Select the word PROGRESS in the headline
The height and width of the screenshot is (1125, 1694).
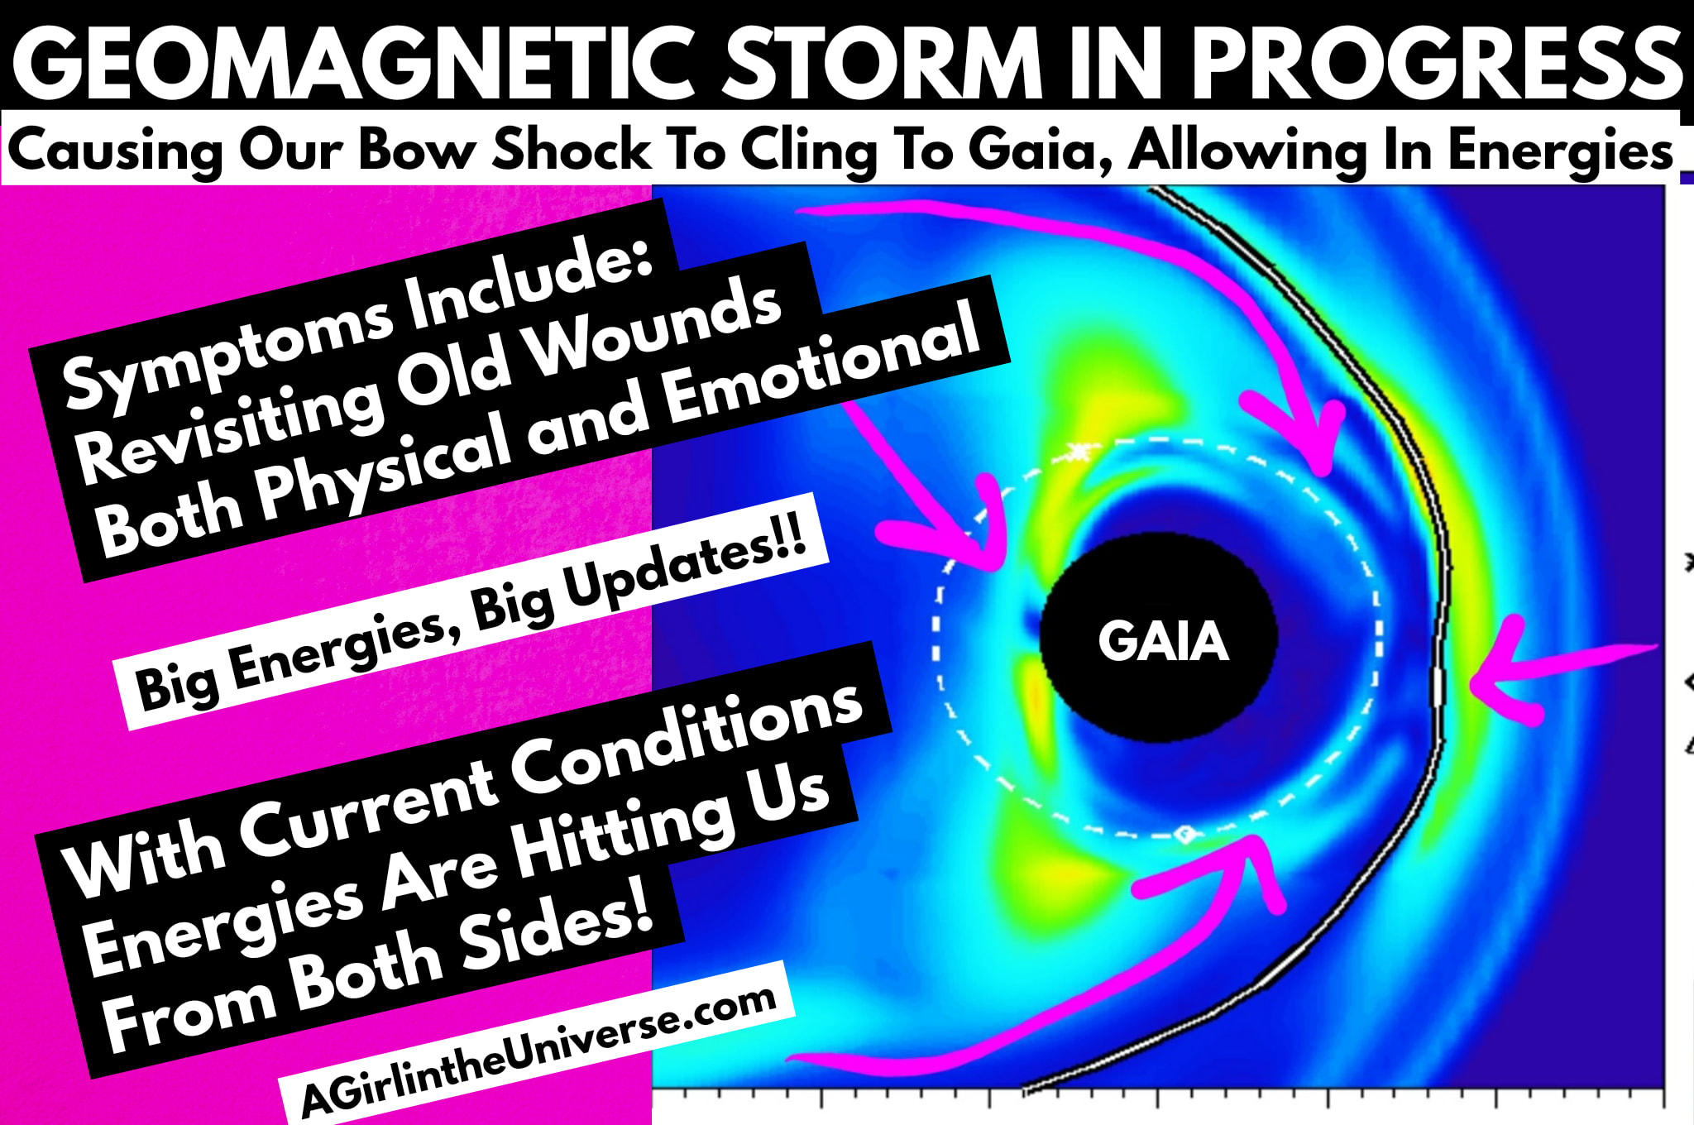click(x=1436, y=62)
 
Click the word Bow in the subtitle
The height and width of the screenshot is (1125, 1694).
click(x=418, y=150)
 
